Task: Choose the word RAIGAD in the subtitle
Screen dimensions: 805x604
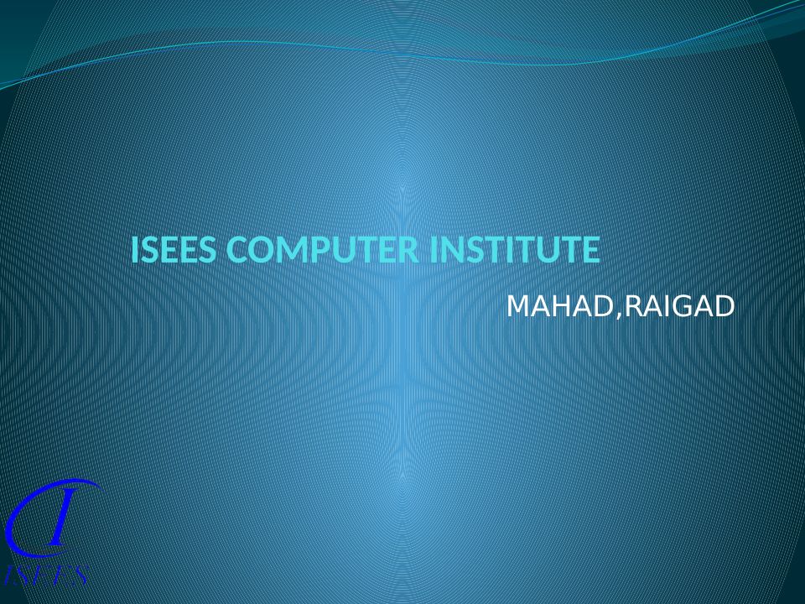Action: click(680, 306)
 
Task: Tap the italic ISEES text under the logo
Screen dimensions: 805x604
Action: click(46, 575)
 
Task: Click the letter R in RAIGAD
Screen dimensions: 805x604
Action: click(634, 306)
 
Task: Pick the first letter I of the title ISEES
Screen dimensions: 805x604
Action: click(134, 250)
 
